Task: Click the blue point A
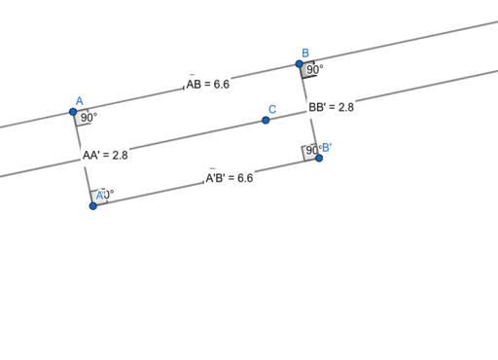point(73,112)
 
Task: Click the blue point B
point(300,64)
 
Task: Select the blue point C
point(266,121)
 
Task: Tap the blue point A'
point(93,205)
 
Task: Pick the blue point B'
point(319,158)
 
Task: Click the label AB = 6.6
point(207,85)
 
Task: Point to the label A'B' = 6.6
point(229,178)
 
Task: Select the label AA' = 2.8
point(105,155)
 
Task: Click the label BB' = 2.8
point(331,108)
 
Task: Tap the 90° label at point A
point(89,118)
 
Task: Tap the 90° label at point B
point(315,70)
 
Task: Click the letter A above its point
point(79,100)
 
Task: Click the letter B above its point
point(305,53)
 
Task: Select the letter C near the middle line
point(272,109)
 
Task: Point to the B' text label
point(327,148)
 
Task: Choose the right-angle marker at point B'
point(310,152)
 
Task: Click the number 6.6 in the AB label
point(221,85)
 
